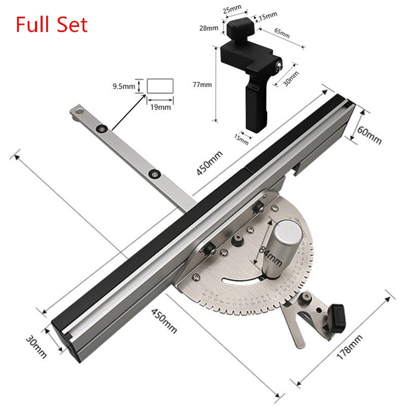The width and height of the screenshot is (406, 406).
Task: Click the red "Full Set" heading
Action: pyautogui.click(x=52, y=24)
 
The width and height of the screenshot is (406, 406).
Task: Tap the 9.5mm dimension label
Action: pyautogui.click(x=124, y=87)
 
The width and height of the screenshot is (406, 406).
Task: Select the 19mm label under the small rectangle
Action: pyautogui.click(x=160, y=107)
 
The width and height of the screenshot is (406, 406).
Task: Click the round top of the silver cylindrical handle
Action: pyautogui.click(x=288, y=232)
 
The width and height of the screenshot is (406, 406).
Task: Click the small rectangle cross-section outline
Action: pyautogui.click(x=160, y=85)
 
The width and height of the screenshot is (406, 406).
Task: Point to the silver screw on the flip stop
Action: pyautogui.click(x=279, y=64)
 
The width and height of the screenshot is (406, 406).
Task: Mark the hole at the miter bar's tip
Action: pyautogui.click(x=77, y=109)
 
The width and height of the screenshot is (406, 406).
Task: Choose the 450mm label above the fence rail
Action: pyautogui.click(x=210, y=163)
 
